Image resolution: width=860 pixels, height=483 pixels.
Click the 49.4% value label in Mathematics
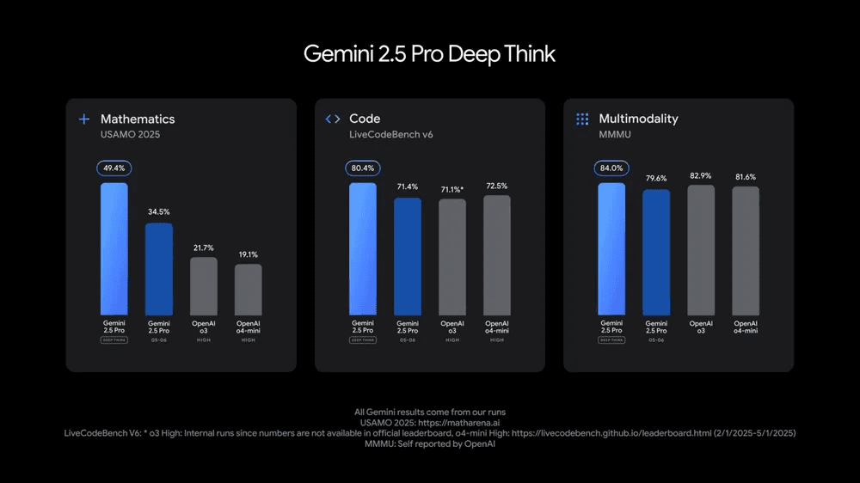pos(114,168)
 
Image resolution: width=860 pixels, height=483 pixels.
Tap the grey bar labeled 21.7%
pos(204,286)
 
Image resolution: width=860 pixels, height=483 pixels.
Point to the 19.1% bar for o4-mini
pos(249,290)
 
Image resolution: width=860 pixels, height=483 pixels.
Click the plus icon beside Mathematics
pos(84,119)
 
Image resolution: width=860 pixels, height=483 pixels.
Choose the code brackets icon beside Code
pos(333,119)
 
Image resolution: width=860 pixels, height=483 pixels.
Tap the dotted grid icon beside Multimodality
pos(582,119)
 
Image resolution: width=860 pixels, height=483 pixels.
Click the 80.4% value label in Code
pos(362,168)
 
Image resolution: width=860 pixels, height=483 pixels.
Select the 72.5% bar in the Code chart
pos(497,255)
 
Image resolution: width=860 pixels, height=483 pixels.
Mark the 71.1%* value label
pos(453,189)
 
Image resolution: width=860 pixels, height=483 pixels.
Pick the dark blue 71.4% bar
pos(408,257)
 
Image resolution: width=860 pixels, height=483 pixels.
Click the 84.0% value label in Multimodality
pos(611,168)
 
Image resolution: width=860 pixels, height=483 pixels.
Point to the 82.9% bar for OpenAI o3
pos(701,250)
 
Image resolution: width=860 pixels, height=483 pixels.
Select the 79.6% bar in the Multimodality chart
pos(656,253)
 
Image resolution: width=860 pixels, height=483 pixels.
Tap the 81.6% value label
pos(746,176)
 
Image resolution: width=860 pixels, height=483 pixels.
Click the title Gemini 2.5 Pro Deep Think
pos(429,54)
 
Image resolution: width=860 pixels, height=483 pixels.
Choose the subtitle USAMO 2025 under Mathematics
pos(131,135)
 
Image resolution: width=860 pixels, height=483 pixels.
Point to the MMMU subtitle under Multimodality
pos(617,135)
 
